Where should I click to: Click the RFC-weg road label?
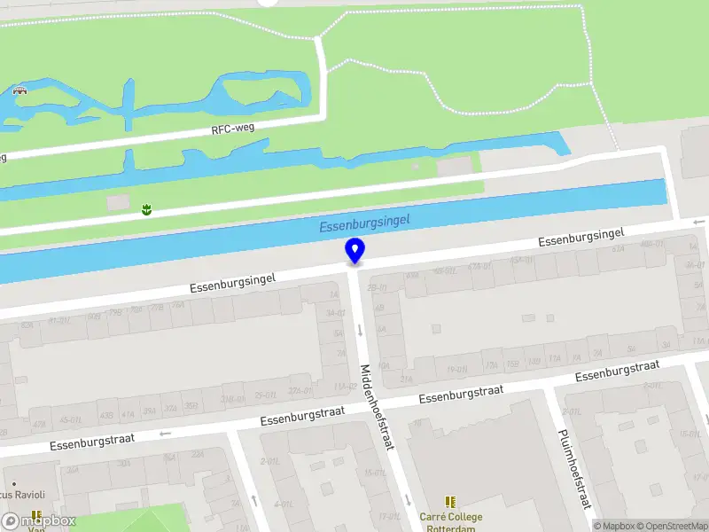tap(233, 129)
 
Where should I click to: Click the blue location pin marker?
tap(354, 250)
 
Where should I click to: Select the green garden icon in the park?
tap(145, 209)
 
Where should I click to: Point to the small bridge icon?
tap(19, 89)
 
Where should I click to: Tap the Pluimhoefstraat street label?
tap(573, 470)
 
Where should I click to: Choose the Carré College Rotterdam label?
tap(450, 522)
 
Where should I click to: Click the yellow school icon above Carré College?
tap(450, 502)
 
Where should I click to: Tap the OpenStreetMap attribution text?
tap(676, 526)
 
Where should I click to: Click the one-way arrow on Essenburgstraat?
tap(164, 434)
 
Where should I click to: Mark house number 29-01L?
tap(264, 395)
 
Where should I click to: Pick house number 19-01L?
tap(457, 370)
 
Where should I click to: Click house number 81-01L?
tap(60, 321)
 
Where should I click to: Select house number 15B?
tap(512, 363)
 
